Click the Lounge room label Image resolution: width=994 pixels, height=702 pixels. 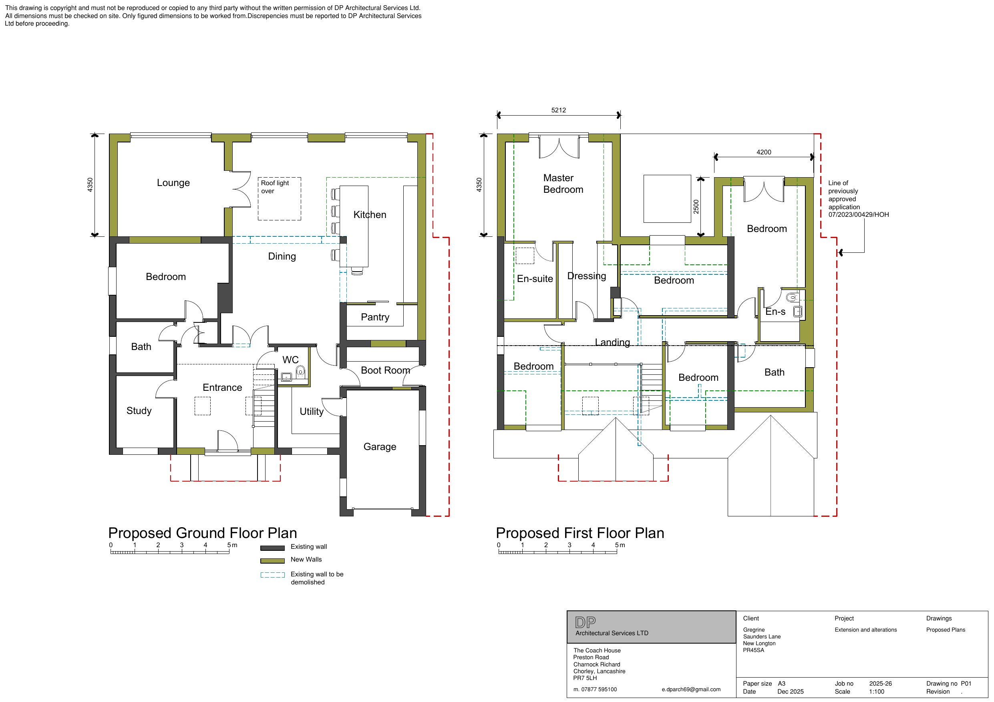(173, 182)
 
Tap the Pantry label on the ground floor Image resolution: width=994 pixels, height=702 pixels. (375, 317)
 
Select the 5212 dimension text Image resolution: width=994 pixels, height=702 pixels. (559, 110)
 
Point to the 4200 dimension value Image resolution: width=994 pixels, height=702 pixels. (764, 152)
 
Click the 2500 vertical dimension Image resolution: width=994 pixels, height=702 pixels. (696, 206)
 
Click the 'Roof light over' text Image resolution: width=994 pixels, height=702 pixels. (274, 187)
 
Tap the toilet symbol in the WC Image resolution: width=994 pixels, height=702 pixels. (300, 371)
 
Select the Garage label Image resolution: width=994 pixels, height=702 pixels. (380, 447)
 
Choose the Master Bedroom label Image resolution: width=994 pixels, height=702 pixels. (563, 184)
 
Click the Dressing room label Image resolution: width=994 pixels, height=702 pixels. (587, 276)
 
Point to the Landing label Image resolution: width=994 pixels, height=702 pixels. (612, 342)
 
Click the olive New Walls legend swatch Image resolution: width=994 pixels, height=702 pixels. (272, 561)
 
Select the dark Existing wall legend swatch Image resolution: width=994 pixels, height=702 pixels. (272, 548)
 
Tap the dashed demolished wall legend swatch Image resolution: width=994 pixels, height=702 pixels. (272, 575)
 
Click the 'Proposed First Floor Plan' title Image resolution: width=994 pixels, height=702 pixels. (579, 533)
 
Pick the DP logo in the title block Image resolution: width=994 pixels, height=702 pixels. (586, 622)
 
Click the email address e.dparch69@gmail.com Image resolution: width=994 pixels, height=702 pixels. (691, 690)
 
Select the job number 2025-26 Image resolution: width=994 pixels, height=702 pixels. (880, 684)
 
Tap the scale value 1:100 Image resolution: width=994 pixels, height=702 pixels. (877, 692)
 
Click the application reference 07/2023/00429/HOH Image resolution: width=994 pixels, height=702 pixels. (859, 214)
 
